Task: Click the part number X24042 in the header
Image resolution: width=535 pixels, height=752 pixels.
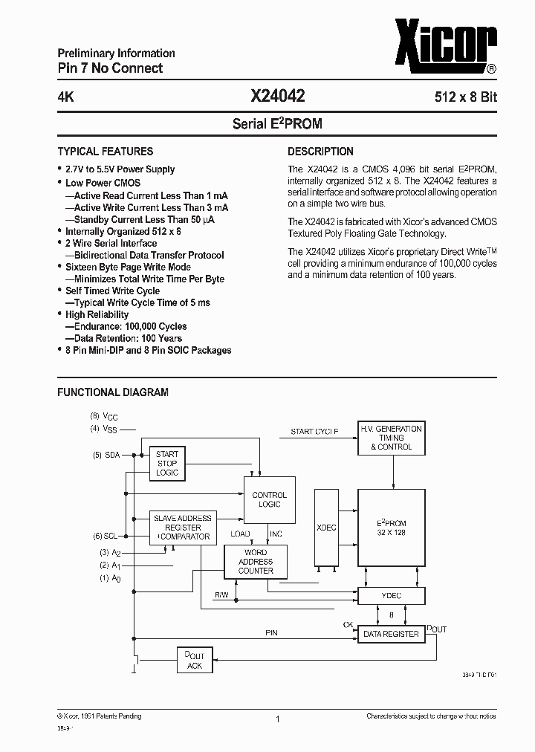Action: click(278, 96)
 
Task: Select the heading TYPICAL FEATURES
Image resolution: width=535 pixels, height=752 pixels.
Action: click(106, 151)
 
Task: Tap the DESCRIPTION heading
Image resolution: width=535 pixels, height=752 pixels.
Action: click(320, 151)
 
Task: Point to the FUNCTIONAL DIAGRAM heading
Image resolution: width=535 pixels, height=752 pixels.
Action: click(113, 392)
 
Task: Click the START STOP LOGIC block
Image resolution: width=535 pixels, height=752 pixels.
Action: click(167, 463)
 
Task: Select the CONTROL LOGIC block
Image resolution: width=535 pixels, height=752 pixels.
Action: click(269, 499)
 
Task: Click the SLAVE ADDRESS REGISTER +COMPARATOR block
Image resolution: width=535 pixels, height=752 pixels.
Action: click(182, 527)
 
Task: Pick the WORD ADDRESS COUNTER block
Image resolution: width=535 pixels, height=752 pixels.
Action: click(256, 562)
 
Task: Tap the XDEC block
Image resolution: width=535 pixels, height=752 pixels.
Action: click(326, 527)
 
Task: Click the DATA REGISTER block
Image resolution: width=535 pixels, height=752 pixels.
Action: click(390, 634)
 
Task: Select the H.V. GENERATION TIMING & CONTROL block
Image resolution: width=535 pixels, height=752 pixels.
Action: click(390, 438)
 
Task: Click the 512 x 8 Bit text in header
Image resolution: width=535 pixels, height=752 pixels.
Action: click(466, 97)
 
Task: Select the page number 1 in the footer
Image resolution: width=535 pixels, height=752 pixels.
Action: click(277, 719)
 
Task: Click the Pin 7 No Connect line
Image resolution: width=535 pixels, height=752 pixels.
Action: click(110, 68)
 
